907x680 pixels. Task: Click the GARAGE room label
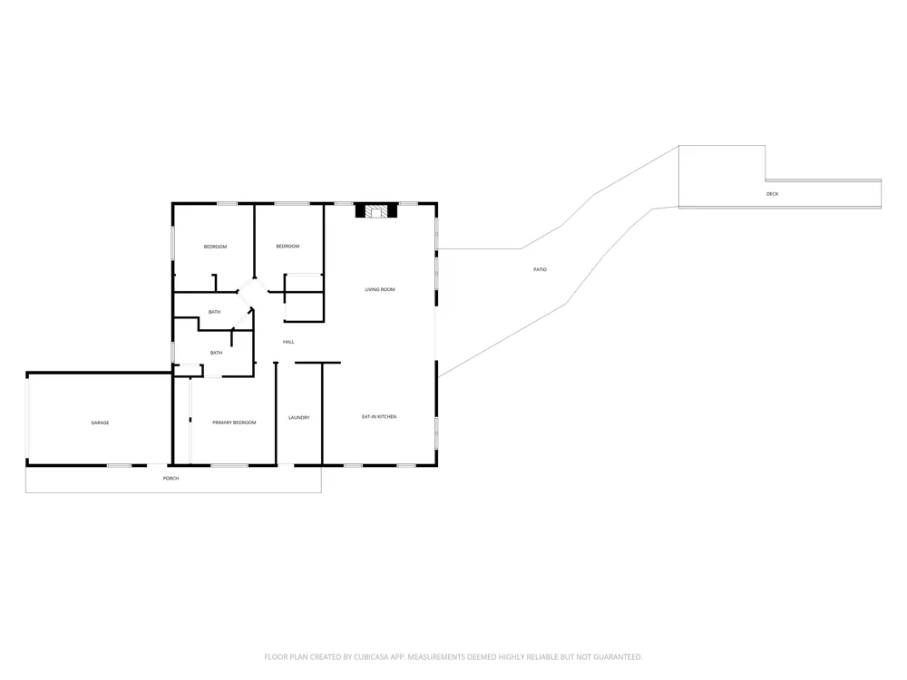(100, 423)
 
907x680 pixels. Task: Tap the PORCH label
(171, 478)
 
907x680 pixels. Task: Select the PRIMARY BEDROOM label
(234, 423)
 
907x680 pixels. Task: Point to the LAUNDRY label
(299, 417)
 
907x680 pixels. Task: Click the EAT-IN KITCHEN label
(379, 416)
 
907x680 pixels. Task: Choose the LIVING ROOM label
(380, 289)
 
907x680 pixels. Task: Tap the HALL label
(288, 342)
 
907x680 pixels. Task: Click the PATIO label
(540, 269)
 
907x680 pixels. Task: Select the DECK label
(772, 194)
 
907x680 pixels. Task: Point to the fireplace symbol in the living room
(376, 211)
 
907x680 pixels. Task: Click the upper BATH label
(215, 312)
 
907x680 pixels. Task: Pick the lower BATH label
(217, 353)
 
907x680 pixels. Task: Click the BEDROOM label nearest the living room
(288, 247)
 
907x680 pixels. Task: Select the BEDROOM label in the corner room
(215, 247)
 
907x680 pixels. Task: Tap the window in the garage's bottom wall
(119, 465)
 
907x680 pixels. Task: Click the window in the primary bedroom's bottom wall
(229, 465)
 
